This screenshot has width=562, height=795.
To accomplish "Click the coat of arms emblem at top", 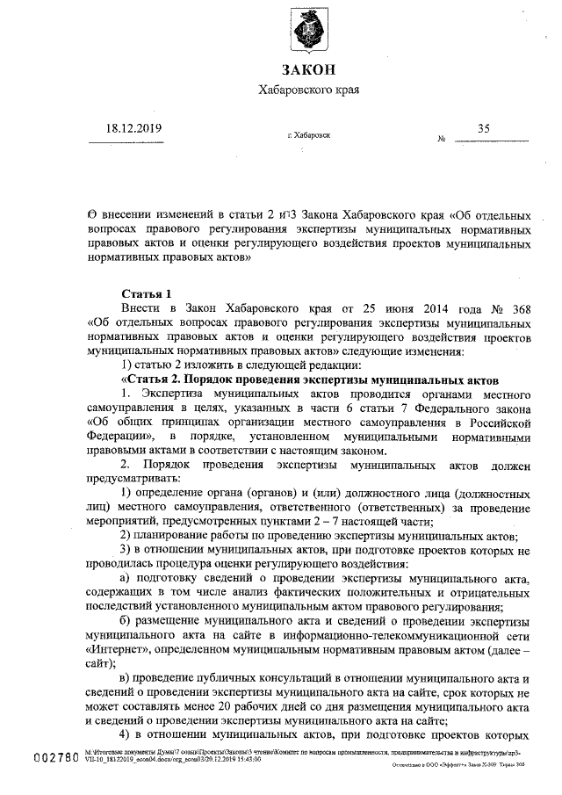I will (x=309, y=33).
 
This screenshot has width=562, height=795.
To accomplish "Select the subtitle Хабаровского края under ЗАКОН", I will (x=308, y=91).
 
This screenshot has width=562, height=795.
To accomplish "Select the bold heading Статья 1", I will (x=146, y=293).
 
